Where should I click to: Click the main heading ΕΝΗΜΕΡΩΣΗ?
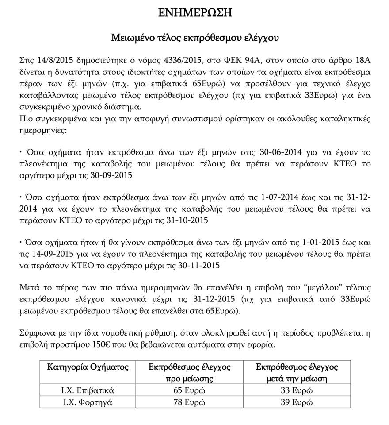(x=195, y=13)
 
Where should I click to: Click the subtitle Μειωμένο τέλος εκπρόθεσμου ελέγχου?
(x=195, y=38)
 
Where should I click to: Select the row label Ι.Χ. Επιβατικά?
(x=88, y=390)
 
